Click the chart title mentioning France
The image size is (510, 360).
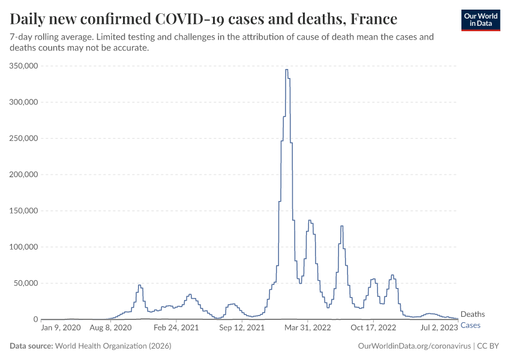(x=203, y=19)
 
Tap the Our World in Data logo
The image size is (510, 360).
(x=480, y=20)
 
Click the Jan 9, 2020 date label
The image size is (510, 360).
(x=61, y=328)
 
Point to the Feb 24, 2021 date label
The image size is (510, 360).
(x=176, y=328)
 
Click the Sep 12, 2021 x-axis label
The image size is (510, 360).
(x=241, y=328)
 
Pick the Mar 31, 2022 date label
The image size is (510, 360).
(x=308, y=328)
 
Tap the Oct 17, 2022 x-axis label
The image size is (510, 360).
(x=373, y=328)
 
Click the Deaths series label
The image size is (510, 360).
(x=473, y=314)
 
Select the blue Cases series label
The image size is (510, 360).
(x=470, y=325)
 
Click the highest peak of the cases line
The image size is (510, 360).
(x=286, y=70)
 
